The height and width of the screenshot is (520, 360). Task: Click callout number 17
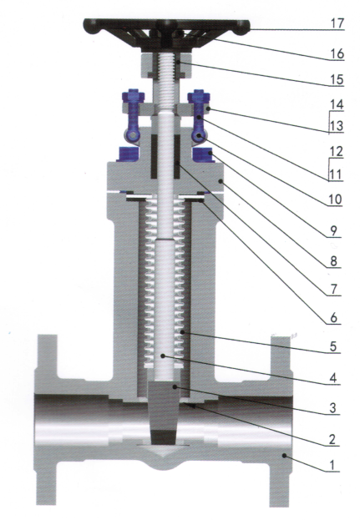(337, 23)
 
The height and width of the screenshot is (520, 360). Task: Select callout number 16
(337, 53)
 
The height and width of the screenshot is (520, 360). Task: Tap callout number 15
(337, 79)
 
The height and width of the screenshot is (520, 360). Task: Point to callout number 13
(336, 126)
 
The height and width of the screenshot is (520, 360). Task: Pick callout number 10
(335, 199)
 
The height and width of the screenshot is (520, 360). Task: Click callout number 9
(333, 230)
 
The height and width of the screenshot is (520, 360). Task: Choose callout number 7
(333, 289)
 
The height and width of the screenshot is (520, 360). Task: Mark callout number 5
(333, 346)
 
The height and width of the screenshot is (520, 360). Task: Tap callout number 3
(332, 408)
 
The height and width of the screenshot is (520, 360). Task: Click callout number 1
(332, 465)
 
